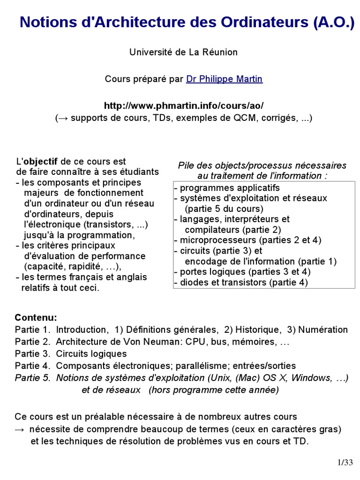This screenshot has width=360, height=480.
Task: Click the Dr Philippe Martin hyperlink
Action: (x=224, y=79)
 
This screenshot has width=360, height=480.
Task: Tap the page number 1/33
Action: (x=345, y=463)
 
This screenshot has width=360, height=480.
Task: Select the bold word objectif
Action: (x=41, y=162)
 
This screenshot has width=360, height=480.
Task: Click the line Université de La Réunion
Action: (x=183, y=52)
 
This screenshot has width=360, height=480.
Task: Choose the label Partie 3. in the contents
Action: (x=32, y=354)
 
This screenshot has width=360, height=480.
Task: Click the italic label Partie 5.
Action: (x=32, y=378)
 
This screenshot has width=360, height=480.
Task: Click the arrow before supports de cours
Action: (x=62, y=118)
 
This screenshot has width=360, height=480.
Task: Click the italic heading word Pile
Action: (x=186, y=165)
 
